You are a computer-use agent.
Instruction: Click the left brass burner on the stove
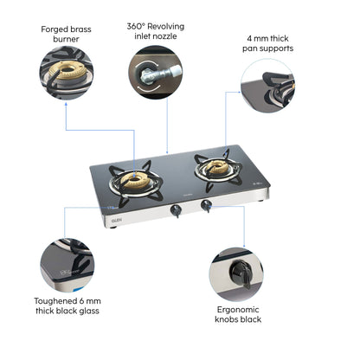[x=135, y=179]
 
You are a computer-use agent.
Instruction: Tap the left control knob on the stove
[x=176, y=209]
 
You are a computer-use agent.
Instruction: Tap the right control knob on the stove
[x=207, y=205]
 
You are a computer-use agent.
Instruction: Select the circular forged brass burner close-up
[x=66, y=74]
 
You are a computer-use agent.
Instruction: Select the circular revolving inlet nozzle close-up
[x=156, y=73]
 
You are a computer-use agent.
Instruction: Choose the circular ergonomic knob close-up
[x=235, y=274]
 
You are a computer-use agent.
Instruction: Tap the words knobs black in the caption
[x=236, y=320]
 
